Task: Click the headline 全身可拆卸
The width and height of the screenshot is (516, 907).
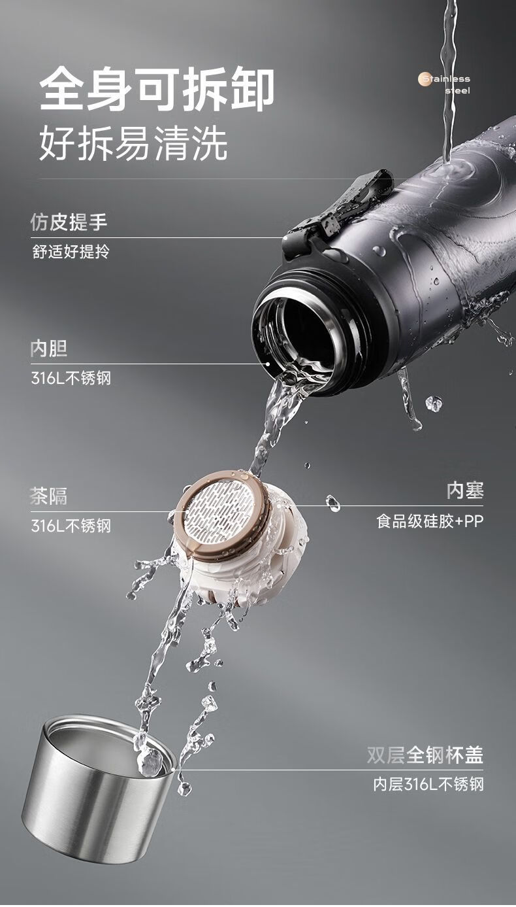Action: [x=157, y=89]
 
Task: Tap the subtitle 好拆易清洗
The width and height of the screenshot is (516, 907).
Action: [x=133, y=143]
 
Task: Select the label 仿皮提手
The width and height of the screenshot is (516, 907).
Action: [x=69, y=222]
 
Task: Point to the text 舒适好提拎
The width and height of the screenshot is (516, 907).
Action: [x=71, y=252]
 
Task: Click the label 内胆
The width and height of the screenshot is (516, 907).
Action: [x=48, y=349]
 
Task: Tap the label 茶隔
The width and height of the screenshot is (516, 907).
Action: [x=48, y=496]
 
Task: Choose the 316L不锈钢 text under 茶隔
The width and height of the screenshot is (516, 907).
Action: [x=71, y=526]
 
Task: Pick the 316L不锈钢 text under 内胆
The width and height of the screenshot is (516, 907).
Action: [x=71, y=378]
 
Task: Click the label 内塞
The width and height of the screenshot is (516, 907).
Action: [x=465, y=490]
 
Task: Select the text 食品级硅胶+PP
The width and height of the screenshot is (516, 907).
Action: [x=430, y=521]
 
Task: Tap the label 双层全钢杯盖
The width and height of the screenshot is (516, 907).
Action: [x=425, y=755]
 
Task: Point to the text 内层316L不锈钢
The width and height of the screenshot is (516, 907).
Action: [x=428, y=784]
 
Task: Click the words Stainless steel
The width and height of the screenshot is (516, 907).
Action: [x=447, y=84]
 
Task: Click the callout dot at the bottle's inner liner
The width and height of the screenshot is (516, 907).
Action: [x=267, y=364]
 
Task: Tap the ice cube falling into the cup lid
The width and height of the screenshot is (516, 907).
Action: [x=150, y=761]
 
